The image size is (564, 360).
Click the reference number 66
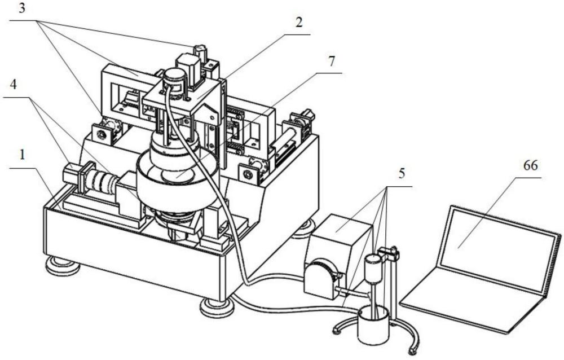coord(530,166)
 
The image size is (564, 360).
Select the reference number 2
coord(299,23)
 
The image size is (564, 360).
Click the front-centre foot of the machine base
coord(217,307)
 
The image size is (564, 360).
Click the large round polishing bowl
coord(177,183)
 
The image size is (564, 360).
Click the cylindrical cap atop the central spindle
coord(175,77)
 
